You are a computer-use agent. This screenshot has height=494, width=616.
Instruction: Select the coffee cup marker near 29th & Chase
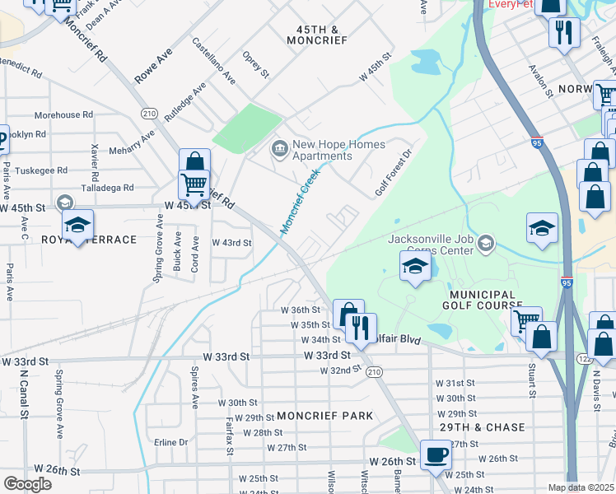436,454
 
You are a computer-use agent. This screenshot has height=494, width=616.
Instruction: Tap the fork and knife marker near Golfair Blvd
360,329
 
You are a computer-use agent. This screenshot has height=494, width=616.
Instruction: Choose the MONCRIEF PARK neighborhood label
325,417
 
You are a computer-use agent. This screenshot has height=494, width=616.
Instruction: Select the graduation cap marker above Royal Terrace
77,225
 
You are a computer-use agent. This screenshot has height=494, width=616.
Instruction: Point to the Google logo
27,484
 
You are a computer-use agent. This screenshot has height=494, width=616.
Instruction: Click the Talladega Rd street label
107,188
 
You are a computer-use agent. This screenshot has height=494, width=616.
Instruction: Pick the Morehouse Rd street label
63,115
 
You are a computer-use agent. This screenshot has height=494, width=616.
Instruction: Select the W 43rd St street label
231,243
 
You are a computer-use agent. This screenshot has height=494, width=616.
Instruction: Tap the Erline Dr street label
171,442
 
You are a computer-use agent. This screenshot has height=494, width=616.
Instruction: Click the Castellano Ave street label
213,61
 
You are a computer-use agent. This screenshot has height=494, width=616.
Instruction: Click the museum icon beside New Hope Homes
279,149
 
